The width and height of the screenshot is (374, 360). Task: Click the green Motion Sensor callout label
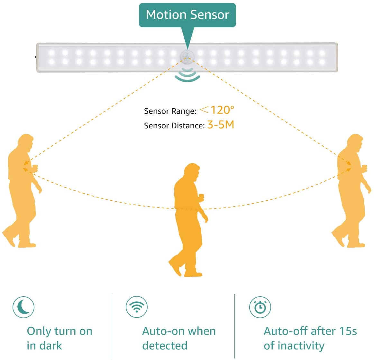[187, 15]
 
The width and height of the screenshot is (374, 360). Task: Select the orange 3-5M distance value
[221, 125]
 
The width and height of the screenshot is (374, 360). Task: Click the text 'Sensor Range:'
[170, 111]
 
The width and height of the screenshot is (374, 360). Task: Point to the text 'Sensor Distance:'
[174, 126]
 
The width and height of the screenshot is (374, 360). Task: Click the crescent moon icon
[23, 307]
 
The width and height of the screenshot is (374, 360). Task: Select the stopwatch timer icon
[260, 307]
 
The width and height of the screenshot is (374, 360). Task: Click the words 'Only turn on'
[59, 331]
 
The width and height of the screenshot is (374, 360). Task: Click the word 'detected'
[165, 346]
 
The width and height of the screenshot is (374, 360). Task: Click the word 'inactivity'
[301, 346]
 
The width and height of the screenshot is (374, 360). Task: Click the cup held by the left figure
[35, 167]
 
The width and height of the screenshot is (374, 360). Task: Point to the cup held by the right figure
[364, 167]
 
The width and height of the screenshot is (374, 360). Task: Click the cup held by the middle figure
[201, 196]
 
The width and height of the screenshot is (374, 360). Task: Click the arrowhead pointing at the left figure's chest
[26, 163]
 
